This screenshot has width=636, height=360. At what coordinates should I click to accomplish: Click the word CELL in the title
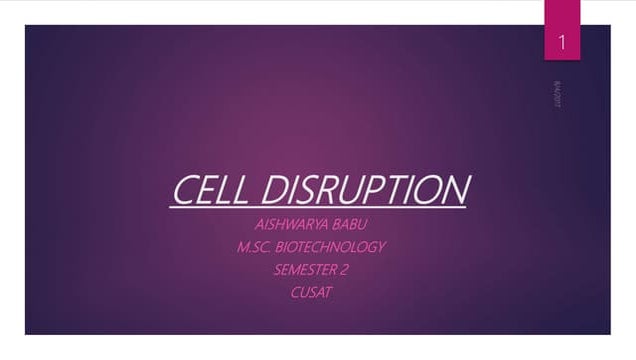204,190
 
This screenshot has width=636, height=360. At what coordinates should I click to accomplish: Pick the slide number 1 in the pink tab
563,42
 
